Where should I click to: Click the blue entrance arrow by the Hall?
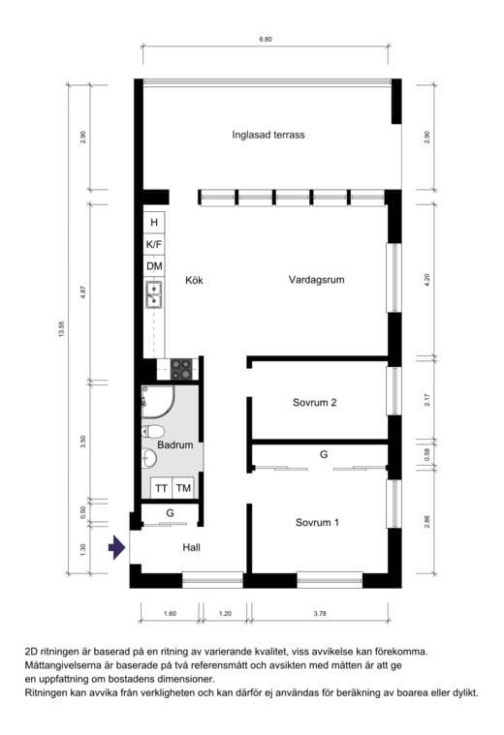(117, 547)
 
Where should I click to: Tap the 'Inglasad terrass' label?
(268, 135)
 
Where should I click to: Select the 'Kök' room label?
(194, 280)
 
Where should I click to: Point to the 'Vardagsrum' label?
(316, 280)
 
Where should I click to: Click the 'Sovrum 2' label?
(314, 403)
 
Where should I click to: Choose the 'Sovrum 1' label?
(317, 522)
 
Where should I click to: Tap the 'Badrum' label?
(175, 444)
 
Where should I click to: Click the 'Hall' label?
(192, 547)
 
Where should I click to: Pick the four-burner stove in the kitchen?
(181, 369)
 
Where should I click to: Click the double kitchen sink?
(154, 294)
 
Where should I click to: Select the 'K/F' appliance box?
(154, 244)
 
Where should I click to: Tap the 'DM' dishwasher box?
(154, 266)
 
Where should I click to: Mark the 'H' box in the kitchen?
(154, 222)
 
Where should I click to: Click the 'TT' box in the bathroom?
(162, 488)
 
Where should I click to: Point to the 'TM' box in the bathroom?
(183, 488)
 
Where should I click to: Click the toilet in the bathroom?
(153, 431)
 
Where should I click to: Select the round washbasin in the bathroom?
(148, 458)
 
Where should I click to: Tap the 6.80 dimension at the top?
(266, 40)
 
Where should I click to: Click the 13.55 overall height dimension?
(61, 328)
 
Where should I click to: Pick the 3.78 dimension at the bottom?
(320, 613)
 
